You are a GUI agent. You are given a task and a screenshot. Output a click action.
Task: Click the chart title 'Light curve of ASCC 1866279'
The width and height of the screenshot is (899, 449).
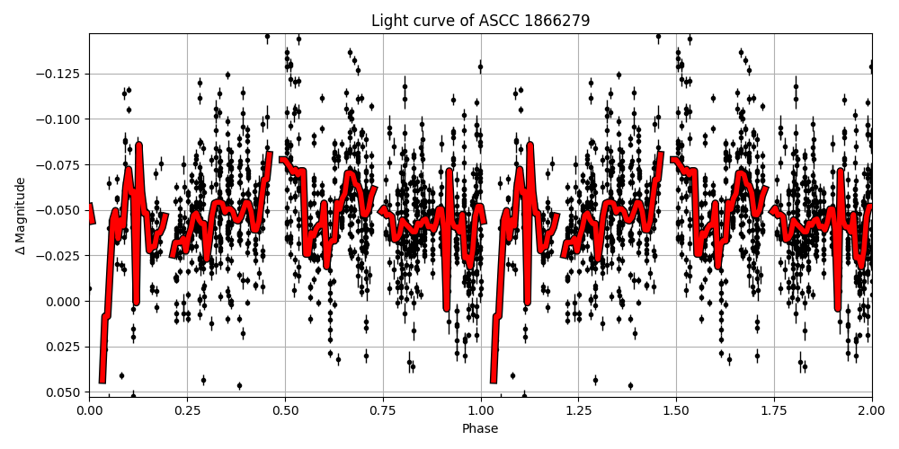(480, 21)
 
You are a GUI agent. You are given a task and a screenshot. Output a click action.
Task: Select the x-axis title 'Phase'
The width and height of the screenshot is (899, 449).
(480, 429)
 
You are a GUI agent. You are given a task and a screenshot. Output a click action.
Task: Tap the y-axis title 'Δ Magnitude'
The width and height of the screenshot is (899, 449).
(21, 216)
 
